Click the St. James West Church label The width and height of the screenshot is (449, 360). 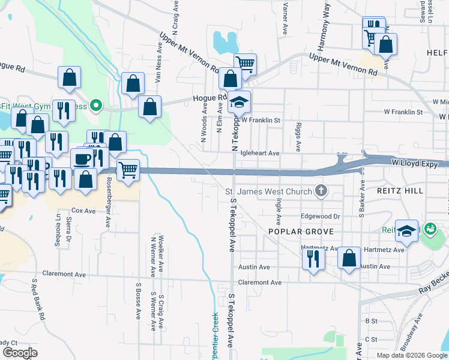(x=268, y=191)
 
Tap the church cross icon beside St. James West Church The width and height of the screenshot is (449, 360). (x=321, y=191)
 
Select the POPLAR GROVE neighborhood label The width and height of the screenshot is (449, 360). (x=296, y=231)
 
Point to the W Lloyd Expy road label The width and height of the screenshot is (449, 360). (x=414, y=162)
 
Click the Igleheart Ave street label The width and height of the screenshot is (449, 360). (x=260, y=154)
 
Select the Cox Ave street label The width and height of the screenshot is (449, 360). (x=83, y=211)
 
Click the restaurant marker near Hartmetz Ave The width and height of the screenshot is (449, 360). (x=312, y=258)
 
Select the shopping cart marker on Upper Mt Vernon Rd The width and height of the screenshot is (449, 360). (x=245, y=64)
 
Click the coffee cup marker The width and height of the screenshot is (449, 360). (x=82, y=160)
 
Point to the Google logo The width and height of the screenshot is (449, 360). (x=20, y=353)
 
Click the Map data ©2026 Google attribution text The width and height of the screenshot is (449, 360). (x=412, y=355)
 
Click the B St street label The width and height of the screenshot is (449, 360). (x=371, y=321)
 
